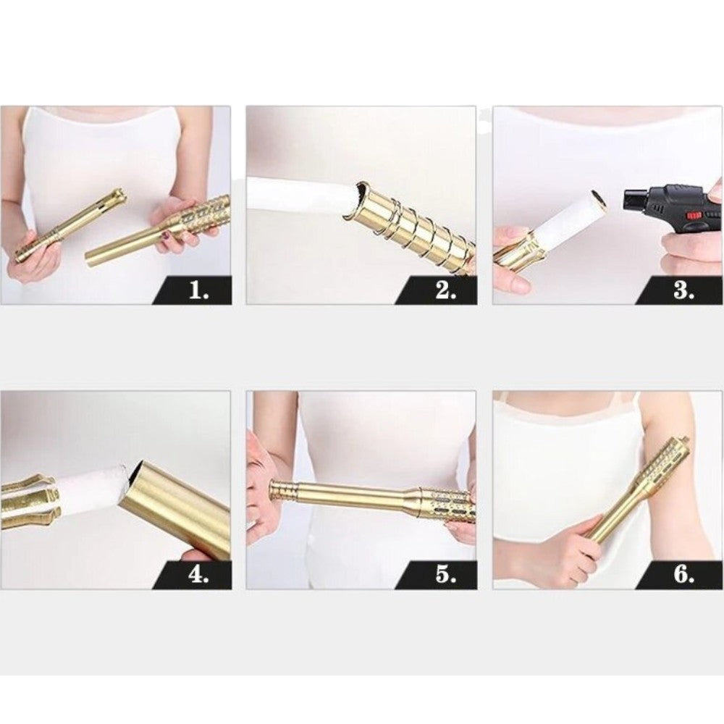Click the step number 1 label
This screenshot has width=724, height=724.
199,291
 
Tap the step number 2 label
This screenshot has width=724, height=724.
445,291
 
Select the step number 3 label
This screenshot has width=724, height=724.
684,291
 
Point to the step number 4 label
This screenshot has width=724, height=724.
198,576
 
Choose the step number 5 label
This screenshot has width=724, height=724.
445,576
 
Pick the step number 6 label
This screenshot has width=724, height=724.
684,576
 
